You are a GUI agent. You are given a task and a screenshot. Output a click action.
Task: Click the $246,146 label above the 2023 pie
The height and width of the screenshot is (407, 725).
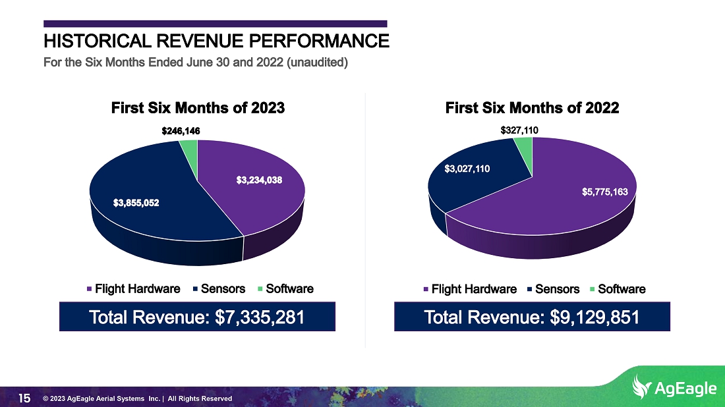click(x=181, y=131)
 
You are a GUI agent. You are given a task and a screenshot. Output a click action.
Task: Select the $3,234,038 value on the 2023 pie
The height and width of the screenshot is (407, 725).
click(x=259, y=180)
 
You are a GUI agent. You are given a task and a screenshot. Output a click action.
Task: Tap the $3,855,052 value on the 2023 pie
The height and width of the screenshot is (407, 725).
click(x=136, y=203)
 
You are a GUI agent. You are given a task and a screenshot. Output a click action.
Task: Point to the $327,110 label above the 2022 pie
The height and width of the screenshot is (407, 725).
click(x=519, y=130)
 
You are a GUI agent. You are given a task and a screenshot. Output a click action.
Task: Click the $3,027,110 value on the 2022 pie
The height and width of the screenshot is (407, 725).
click(x=467, y=169)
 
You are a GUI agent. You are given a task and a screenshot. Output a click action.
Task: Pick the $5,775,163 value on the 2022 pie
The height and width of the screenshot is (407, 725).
click(x=605, y=192)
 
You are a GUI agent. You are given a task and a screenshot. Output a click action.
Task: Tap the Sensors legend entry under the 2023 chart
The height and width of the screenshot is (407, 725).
click(x=219, y=289)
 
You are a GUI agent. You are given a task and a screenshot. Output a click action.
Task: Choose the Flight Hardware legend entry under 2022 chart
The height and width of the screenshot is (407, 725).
click(x=470, y=290)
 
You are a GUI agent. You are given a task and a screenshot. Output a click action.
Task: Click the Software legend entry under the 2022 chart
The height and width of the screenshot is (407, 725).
click(x=618, y=290)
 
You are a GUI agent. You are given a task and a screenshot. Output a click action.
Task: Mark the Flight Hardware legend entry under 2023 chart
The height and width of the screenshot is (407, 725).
click(x=134, y=289)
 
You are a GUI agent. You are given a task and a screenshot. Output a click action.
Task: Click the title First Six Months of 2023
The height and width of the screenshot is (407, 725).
click(x=198, y=108)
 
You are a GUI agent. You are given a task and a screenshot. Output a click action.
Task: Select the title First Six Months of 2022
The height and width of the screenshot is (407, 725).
click(x=532, y=108)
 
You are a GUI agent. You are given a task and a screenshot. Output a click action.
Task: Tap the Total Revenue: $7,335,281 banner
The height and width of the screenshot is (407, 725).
click(x=198, y=317)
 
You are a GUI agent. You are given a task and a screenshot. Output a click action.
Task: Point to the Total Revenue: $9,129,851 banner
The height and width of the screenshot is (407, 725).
click(x=532, y=317)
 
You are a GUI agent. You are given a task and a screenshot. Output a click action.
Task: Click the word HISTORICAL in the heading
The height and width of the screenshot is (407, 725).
click(x=98, y=41)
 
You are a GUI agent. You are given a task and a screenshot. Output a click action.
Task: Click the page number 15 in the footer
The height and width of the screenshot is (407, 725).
click(x=24, y=398)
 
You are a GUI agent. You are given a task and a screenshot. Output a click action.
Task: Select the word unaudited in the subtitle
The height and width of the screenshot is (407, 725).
click(x=317, y=63)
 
